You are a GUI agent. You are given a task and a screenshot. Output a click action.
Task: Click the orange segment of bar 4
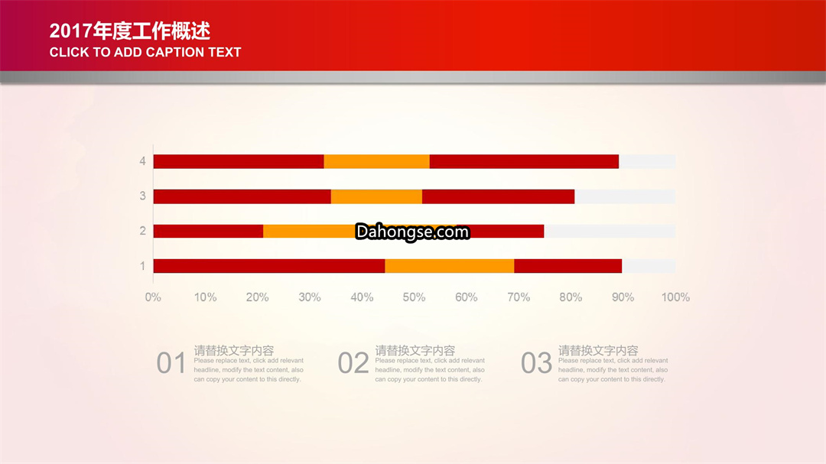tap(376, 162)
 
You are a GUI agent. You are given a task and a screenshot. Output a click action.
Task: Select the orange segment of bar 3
tap(376, 196)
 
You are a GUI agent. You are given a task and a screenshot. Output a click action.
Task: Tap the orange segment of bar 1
tap(450, 266)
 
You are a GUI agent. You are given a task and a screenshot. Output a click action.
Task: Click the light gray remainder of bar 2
tap(610, 231)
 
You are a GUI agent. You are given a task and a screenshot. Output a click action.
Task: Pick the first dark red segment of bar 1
tap(269, 266)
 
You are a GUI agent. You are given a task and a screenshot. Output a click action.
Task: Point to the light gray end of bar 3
tap(625, 196)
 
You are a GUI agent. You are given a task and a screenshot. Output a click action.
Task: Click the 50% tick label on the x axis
tap(414, 297)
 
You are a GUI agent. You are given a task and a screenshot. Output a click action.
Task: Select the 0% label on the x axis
tap(153, 297)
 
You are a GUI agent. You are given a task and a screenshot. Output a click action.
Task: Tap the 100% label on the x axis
tap(675, 297)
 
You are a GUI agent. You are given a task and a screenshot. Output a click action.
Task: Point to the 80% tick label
tap(571, 297)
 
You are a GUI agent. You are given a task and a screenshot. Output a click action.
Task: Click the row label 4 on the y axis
tap(142, 161)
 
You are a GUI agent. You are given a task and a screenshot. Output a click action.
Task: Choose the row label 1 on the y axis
tap(142, 266)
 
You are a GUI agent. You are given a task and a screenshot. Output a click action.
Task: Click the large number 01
tap(171, 363)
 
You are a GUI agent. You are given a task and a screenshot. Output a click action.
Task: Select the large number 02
tap(353, 363)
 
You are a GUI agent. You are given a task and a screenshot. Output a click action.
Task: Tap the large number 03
tap(536, 363)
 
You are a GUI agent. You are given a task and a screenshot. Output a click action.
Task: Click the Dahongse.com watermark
tap(412, 232)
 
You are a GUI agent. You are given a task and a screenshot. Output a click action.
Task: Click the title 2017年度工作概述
tap(129, 31)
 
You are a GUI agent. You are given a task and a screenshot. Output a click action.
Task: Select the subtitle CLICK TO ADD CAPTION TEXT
tap(145, 52)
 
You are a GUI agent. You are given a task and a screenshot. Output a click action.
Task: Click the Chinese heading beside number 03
tap(598, 350)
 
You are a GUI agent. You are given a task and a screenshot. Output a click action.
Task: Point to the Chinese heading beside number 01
tap(234, 350)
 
